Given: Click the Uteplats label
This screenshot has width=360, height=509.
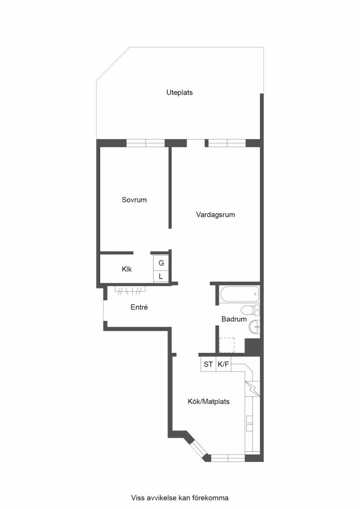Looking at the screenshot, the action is point(179,93).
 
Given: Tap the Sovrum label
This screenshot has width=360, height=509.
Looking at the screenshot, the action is point(134,200).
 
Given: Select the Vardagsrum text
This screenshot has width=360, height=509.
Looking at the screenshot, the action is point(216,214).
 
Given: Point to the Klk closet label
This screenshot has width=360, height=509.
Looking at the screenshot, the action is point(127,269).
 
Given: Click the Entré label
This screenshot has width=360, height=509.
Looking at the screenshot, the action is point(139,307).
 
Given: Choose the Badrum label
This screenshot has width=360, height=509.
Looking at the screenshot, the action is point(234,319).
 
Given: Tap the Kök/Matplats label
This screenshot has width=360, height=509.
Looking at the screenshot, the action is point(209,402).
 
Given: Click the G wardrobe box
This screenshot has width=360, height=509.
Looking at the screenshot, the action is point(161,262).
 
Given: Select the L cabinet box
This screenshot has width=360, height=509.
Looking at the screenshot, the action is point(161,276).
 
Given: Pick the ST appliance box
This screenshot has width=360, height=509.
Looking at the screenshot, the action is point(208,364).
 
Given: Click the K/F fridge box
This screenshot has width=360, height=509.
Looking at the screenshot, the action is point(224,364).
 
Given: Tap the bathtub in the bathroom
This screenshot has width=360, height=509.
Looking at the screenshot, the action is point(239,295).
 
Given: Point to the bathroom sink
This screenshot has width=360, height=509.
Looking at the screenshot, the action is point(254,326).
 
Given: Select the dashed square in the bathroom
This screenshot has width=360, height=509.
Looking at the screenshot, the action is point(227,345).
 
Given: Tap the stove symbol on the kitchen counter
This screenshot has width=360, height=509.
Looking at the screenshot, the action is point(252,389).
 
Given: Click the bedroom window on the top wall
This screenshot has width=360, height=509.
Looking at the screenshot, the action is point(145,143).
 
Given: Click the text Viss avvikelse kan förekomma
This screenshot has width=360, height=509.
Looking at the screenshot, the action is point(179,498).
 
